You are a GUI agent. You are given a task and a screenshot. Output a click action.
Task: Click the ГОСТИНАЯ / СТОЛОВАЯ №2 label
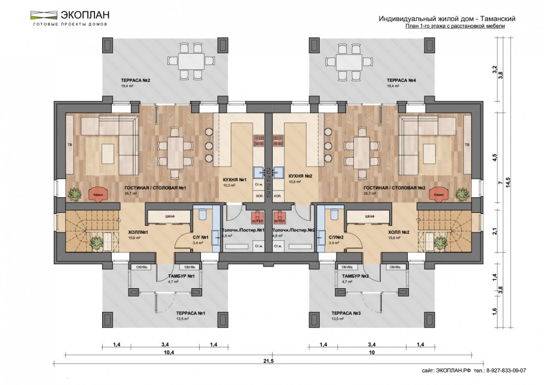tap(394, 188)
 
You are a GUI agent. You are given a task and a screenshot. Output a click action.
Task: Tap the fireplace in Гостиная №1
tap(97, 194)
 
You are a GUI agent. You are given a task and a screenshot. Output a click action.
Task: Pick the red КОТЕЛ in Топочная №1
tap(257, 217)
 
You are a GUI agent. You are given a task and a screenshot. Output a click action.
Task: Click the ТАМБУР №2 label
tap(355, 276)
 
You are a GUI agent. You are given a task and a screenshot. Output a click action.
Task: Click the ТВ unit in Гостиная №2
tap(467, 145)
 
